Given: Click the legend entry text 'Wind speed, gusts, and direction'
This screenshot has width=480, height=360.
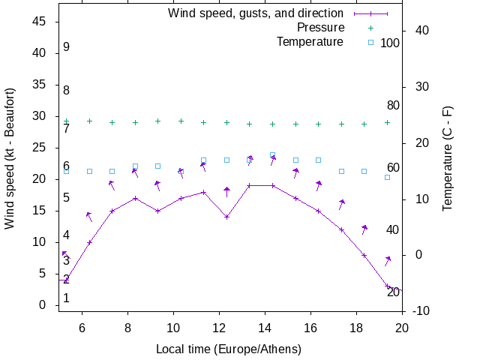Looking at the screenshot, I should coord(256,13).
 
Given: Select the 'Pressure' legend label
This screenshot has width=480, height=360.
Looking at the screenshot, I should coord(320,28).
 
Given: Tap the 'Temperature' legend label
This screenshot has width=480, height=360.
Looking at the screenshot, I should coord(310,42).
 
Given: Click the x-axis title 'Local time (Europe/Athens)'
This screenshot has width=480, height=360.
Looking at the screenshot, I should coord(229,349).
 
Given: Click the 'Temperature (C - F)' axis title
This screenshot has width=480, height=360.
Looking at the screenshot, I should coord(448,157).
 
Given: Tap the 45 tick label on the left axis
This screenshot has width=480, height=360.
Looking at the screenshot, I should coord(41,22).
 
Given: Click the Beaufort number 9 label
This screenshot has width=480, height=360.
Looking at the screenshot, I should coord(66,47).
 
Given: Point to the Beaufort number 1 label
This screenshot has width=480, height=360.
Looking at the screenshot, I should coord(66,298).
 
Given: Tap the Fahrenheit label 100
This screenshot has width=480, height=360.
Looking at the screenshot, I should coord(390,43).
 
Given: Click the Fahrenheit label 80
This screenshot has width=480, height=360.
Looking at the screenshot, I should coord(393,106).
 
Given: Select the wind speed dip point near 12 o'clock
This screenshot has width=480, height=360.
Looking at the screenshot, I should coord(226,217).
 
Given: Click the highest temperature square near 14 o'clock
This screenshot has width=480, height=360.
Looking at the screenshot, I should coord(272,155).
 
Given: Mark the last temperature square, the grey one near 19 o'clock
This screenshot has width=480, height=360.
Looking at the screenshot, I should coord(387,177).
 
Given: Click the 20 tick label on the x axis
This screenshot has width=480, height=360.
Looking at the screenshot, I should coord(402,327).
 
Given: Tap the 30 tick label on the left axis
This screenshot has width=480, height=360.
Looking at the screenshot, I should coord(41,116).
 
